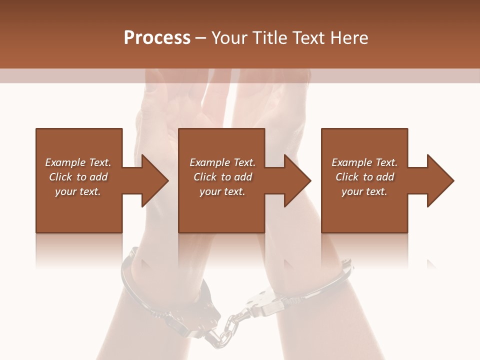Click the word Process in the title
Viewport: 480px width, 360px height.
(157, 37)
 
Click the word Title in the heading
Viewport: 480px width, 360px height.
(268, 37)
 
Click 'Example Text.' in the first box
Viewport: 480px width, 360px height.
(78, 162)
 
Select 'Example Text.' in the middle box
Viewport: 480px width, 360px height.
(222, 162)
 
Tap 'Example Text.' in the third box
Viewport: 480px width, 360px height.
(364, 162)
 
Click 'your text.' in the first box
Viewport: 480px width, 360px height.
(78, 191)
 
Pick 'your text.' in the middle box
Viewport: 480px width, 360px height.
(222, 191)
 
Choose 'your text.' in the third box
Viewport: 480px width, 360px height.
(364, 191)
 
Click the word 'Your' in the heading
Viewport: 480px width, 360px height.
(230, 37)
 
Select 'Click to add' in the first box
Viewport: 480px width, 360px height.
(78, 177)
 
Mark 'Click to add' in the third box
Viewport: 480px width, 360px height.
(364, 177)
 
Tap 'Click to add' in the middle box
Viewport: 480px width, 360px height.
(222, 177)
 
